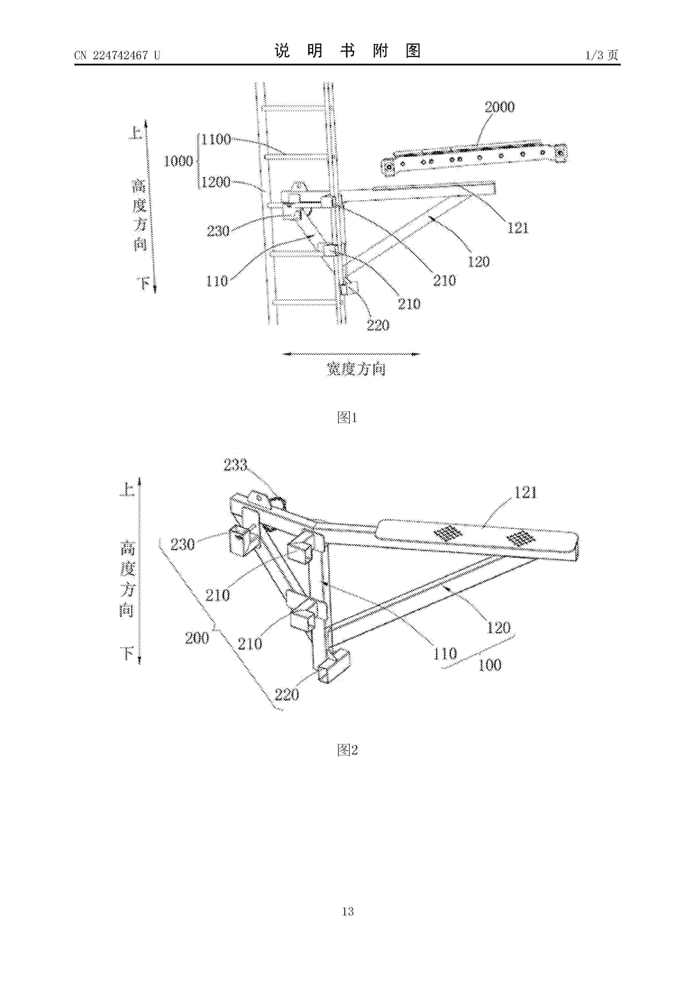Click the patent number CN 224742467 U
117,55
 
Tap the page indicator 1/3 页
602,55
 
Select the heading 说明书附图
347,51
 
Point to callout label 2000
500,107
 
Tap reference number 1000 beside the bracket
179,161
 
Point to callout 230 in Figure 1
218,232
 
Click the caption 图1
347,418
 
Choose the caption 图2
347,750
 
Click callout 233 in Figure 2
236,465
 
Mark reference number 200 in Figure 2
197,638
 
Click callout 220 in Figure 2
287,695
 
